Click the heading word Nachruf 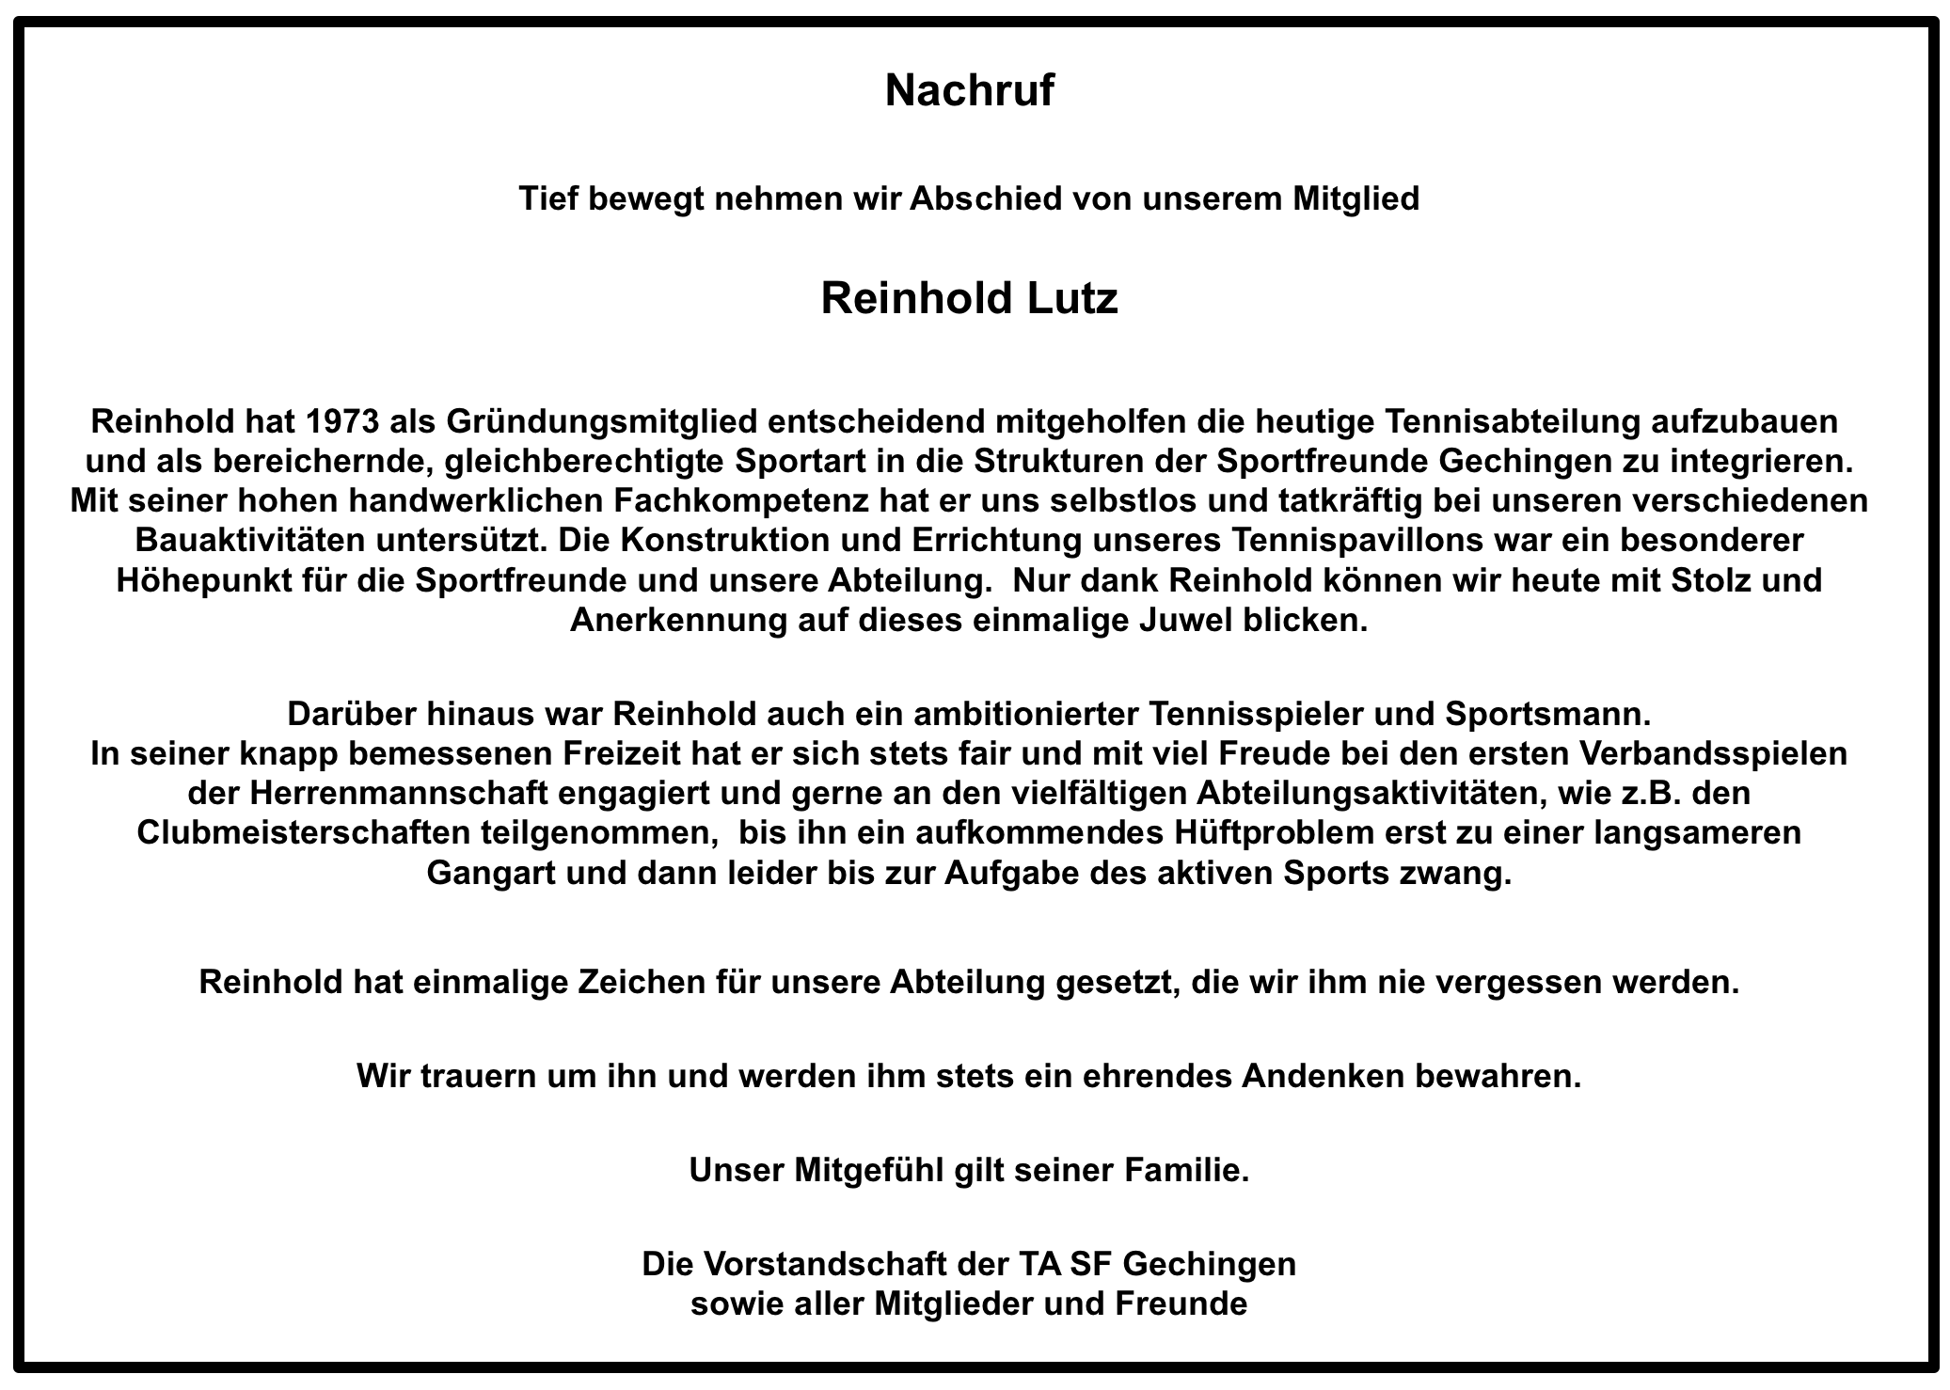pyautogui.click(x=969, y=91)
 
